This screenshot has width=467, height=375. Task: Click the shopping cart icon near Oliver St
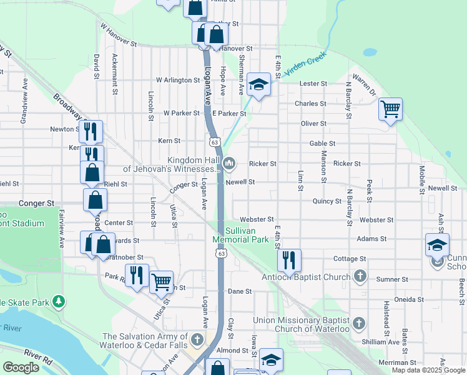coord(390,109)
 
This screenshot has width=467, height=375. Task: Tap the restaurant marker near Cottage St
coord(289,259)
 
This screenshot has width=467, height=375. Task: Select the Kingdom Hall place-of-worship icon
coord(229,164)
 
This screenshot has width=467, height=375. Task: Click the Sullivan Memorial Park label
coord(240,234)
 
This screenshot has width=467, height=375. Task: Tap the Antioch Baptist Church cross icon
coord(360,276)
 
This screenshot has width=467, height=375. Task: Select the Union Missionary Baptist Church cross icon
coord(358,323)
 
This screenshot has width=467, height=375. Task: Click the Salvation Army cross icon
coord(197,340)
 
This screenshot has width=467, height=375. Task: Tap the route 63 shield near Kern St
coord(214,142)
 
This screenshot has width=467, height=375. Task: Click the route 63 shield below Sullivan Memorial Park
coord(222,253)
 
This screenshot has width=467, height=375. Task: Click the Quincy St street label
coord(327,201)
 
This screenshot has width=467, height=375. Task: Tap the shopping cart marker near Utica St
coord(161,282)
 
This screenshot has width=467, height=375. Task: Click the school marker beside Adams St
coord(437,244)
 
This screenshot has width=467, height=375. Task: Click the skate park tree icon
coord(58,302)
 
